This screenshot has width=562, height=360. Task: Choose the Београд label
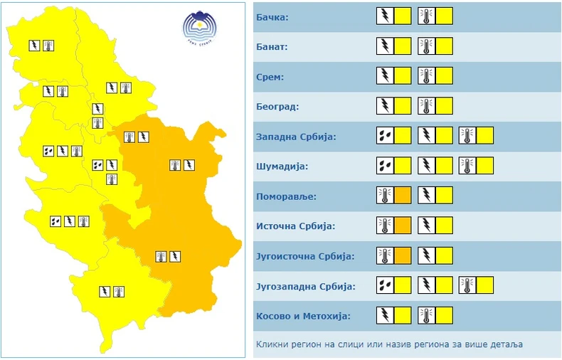coord(277,107)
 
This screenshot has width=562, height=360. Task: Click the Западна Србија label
coord(295,137)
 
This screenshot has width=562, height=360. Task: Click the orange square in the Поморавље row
coord(403,196)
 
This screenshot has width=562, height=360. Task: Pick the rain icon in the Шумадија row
coord(385,166)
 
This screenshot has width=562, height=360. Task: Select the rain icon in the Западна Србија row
coord(385,135)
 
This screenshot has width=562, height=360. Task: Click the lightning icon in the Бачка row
coord(385,15)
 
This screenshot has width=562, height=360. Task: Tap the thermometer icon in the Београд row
coord(427,106)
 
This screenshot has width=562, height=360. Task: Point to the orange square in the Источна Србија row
coord(403,226)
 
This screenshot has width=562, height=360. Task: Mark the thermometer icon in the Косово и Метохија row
coord(427,316)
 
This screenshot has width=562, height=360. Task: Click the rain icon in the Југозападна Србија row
coord(385,286)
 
